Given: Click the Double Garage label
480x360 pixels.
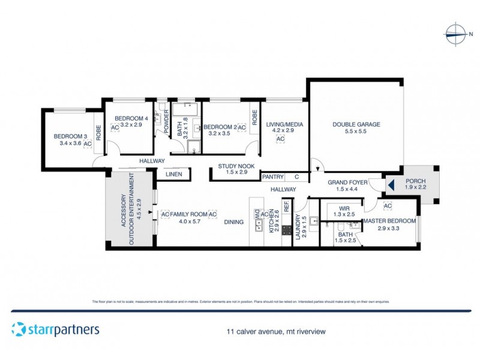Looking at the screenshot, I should pyautogui.click(x=356, y=125).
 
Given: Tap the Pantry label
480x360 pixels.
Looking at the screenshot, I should pyautogui.click(x=272, y=177).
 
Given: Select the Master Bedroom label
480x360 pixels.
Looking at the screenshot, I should pyautogui.click(x=389, y=221).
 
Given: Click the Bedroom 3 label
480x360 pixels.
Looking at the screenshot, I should pyautogui.click(x=67, y=136).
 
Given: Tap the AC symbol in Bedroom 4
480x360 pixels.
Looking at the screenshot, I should pyautogui.click(x=115, y=127).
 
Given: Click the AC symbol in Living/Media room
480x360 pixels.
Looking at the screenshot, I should pyautogui.click(x=280, y=139).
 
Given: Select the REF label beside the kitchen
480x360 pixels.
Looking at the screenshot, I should pyautogui.click(x=286, y=205).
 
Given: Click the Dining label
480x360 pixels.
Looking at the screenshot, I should pyautogui.click(x=234, y=222).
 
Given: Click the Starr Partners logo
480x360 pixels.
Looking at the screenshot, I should pyautogui.click(x=55, y=329).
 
